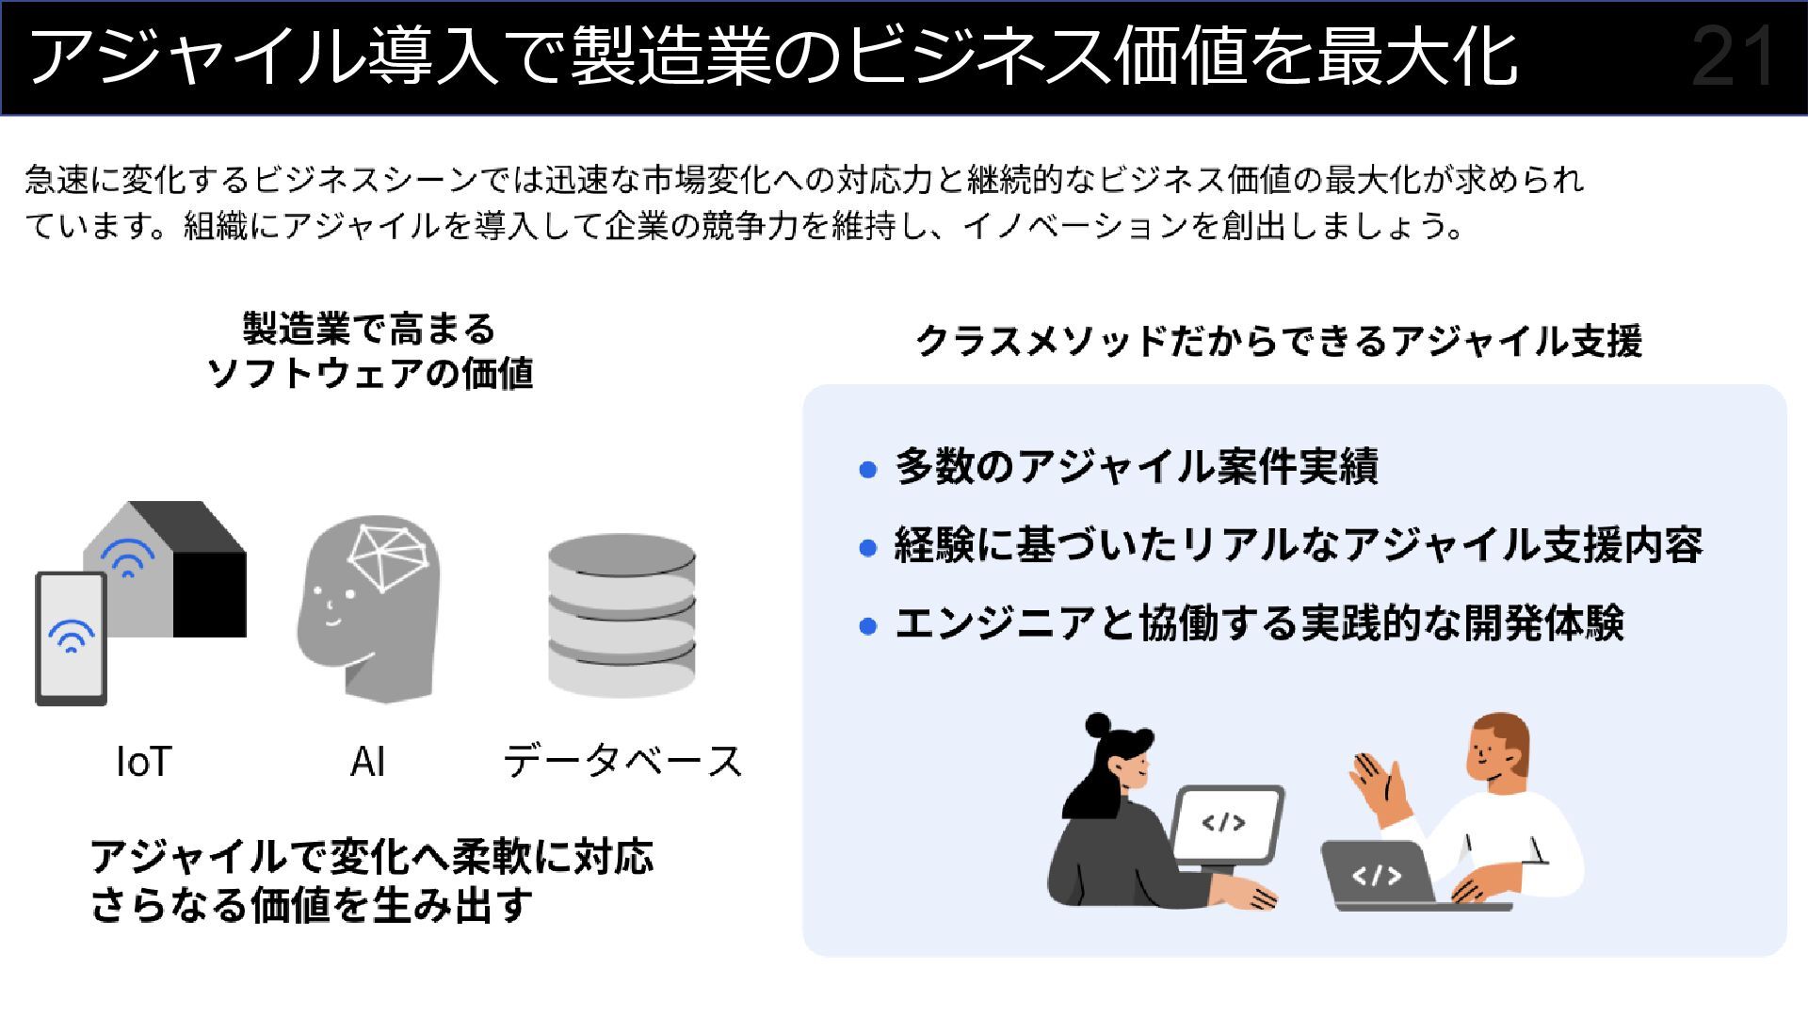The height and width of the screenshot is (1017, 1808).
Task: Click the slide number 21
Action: [1733, 58]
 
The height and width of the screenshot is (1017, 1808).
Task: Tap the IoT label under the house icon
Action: [144, 762]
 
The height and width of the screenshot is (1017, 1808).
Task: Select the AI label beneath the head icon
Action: [367, 762]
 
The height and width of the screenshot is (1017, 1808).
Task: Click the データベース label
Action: [622, 762]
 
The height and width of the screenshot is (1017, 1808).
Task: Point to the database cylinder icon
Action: [621, 616]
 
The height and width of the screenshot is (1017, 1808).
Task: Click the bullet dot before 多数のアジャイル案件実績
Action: [868, 469]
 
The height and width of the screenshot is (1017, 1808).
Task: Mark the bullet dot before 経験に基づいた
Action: [868, 547]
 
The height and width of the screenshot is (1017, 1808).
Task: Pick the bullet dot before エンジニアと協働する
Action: [868, 626]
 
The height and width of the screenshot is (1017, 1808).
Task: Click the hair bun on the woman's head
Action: [1098, 725]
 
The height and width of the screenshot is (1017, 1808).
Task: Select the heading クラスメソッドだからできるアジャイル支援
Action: [1278, 341]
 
